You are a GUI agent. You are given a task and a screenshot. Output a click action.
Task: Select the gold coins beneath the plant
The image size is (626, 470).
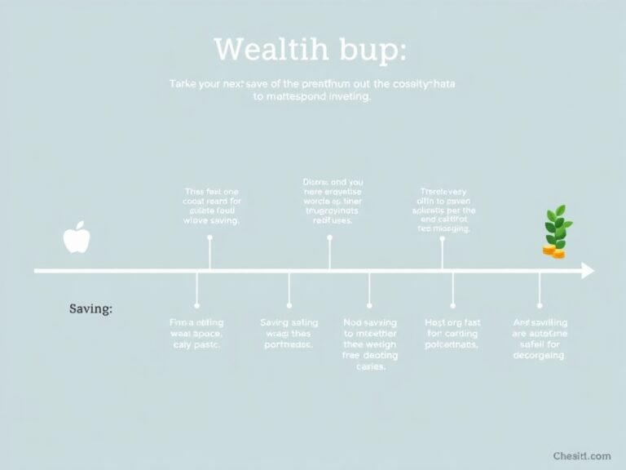554,252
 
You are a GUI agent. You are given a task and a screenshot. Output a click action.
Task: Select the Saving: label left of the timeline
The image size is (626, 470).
90,309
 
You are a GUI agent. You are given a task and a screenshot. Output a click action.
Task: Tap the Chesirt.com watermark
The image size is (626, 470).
581,454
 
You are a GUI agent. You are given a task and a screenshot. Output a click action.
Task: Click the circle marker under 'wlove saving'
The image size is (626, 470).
210,237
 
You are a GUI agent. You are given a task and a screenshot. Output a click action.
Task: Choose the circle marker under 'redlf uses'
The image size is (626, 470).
329,237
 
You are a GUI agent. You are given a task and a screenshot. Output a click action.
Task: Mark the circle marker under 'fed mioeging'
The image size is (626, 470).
442,238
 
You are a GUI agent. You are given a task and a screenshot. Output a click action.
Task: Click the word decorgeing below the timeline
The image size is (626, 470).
540,356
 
